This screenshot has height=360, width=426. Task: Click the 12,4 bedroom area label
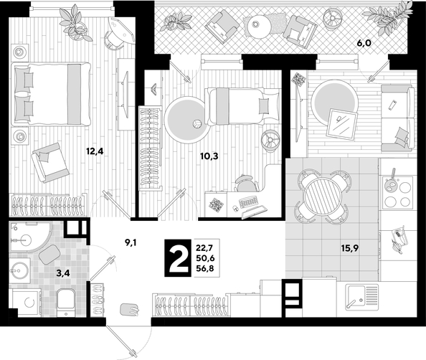pos(95,151)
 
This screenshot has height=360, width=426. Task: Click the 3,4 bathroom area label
pos(63,273)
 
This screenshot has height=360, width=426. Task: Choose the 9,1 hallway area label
pos(131,242)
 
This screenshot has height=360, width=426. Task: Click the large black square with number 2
pos(179,258)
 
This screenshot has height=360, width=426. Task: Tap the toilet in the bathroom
pos(66,302)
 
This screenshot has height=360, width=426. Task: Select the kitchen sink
pos(362,297)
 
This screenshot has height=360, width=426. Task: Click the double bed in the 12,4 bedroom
pos(51,94)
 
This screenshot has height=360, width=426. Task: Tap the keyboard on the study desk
pos(247,202)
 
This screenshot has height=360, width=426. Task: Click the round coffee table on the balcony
pos(255,25)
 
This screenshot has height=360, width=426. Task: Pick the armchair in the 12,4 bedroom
pos(50,163)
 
